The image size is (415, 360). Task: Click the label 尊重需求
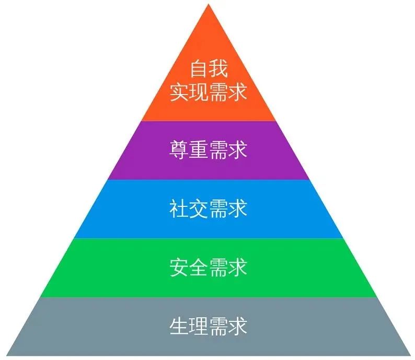tap(208, 150)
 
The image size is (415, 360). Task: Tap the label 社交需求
tap(208, 209)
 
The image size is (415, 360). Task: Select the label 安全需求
tap(208, 268)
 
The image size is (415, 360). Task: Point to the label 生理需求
tap(208, 327)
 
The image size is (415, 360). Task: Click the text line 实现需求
tap(208, 92)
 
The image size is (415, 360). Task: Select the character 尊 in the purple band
tap(179, 150)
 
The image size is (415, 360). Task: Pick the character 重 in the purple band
tap(198, 150)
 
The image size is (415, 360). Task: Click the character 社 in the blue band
tap(179, 209)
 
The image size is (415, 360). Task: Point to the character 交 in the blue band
tap(198, 209)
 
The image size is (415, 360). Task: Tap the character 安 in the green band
tap(179, 268)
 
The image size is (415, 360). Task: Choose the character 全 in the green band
tap(198, 268)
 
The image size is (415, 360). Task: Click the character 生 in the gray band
tap(179, 327)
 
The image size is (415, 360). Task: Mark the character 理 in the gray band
tap(198, 327)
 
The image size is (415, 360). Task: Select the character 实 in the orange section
tap(179, 92)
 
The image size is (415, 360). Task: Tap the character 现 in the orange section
tap(198, 92)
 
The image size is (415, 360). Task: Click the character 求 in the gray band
tap(237, 327)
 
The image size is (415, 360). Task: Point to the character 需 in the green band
tap(218, 268)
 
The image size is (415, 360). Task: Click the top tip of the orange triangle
tap(208, 5)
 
